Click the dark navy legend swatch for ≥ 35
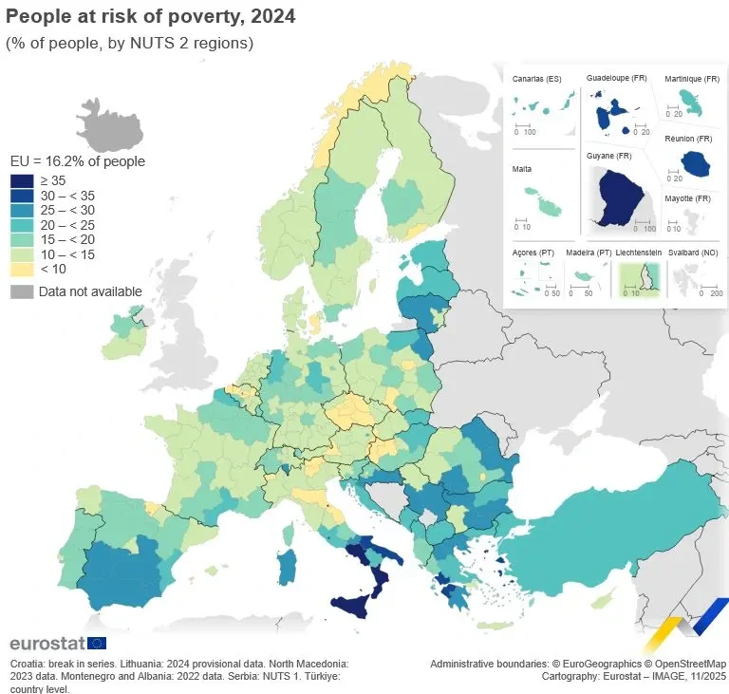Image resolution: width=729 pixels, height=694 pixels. [22, 180]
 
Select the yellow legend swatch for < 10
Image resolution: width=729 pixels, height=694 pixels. [22, 269]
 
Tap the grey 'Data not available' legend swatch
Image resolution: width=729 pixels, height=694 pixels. [22, 291]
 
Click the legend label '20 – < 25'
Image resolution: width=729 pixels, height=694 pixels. [67, 225]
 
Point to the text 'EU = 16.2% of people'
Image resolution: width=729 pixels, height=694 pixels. [77, 161]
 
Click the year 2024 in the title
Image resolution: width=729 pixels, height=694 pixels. [274, 16]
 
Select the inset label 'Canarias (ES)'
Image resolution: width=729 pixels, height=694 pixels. [537, 79]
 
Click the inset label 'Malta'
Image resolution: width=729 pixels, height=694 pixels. [522, 169]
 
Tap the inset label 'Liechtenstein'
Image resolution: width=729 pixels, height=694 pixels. [639, 253]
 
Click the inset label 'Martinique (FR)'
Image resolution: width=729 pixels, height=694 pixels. [692, 79]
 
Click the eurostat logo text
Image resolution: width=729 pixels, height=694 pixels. [47, 644]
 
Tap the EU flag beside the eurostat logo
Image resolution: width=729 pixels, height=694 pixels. [97, 644]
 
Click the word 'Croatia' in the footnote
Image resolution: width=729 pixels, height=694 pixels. [28, 664]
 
